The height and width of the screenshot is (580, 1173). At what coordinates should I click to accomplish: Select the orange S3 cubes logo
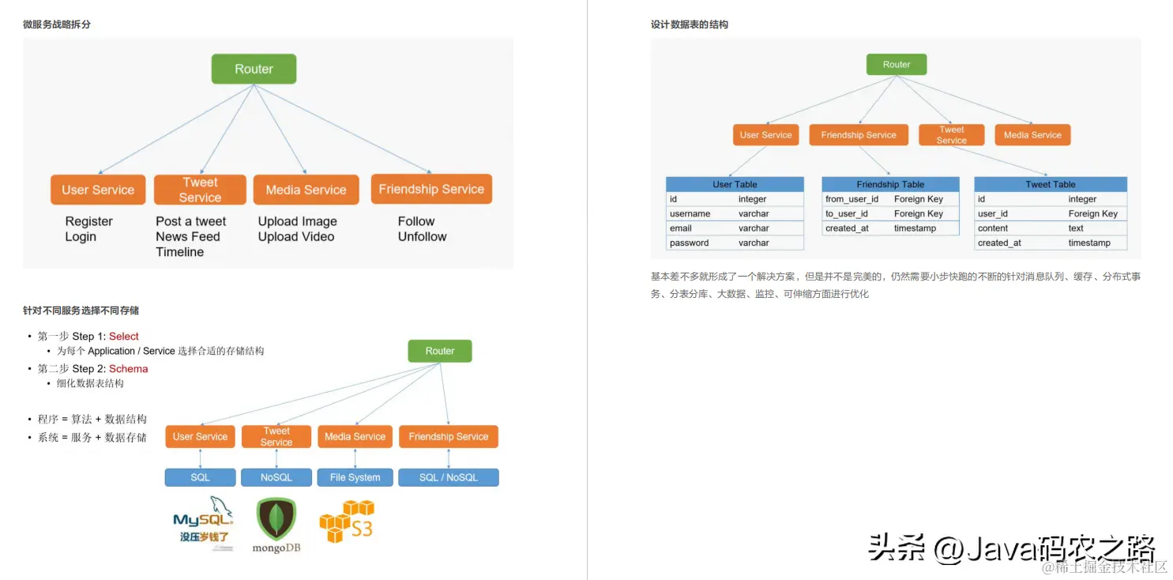click(346, 522)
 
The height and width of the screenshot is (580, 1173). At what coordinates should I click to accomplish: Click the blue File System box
click(355, 477)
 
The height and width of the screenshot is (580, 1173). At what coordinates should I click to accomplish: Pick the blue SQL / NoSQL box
click(448, 477)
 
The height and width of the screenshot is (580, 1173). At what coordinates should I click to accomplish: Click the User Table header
click(735, 184)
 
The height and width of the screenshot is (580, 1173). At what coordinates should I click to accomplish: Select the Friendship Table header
click(890, 184)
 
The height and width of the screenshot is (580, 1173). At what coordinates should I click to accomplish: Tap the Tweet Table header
click(1050, 184)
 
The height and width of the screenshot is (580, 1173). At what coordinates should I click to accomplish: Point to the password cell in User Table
click(689, 243)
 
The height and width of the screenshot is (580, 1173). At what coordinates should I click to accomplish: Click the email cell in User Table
click(681, 228)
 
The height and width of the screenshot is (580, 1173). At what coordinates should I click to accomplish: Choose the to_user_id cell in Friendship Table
click(847, 213)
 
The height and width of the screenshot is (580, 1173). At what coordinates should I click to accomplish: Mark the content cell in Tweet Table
click(993, 228)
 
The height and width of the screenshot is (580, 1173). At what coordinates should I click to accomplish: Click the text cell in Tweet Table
click(1076, 228)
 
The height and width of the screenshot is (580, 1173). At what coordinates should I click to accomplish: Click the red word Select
click(124, 337)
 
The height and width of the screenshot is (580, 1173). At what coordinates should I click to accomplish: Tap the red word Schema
click(129, 369)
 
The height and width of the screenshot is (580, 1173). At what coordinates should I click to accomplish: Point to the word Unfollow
click(422, 236)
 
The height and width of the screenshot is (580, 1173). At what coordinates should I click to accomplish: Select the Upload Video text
click(296, 236)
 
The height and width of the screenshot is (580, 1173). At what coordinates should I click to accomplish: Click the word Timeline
click(180, 252)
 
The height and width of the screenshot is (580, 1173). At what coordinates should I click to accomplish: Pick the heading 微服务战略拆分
click(57, 24)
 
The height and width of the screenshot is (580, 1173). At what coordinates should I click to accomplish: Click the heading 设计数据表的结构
click(690, 24)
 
